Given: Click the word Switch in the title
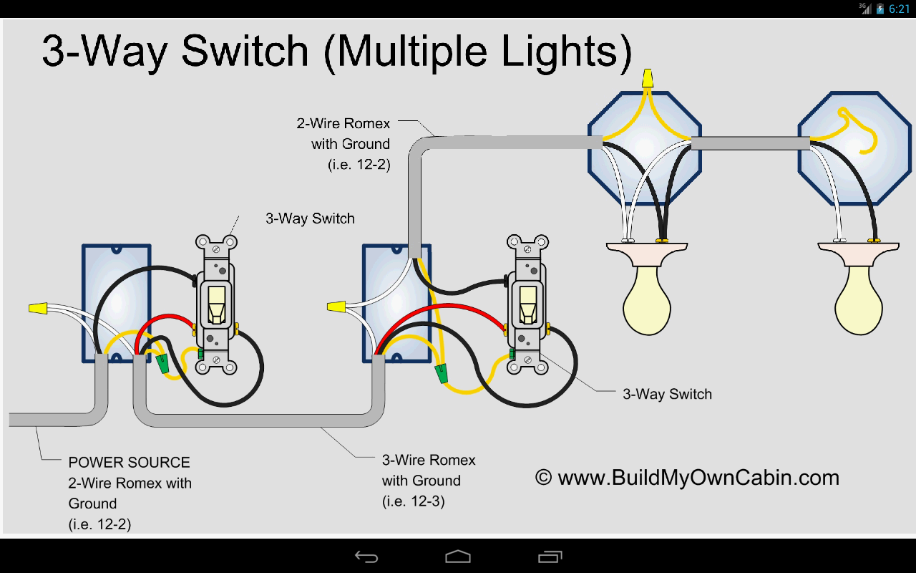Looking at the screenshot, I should (245, 52).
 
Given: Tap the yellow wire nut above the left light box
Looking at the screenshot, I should (648, 77).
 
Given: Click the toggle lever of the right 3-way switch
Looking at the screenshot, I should (527, 304).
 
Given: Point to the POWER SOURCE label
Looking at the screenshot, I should (129, 463).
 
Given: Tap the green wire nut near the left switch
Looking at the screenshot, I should (163, 362).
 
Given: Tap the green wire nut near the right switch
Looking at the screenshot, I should (442, 373).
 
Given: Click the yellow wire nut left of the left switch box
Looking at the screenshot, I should (38, 309).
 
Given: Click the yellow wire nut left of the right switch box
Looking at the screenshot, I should (336, 307).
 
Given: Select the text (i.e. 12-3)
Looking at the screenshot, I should (414, 501).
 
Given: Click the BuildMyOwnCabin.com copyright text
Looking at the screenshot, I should (687, 478).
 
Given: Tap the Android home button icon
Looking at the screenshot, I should (458, 557).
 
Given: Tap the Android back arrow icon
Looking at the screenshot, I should (366, 557).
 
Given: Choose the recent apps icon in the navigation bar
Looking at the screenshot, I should (550, 557).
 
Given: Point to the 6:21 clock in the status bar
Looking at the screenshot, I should (899, 9).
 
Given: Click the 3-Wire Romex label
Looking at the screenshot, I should (429, 460).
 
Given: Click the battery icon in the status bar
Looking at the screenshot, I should (880, 9).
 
